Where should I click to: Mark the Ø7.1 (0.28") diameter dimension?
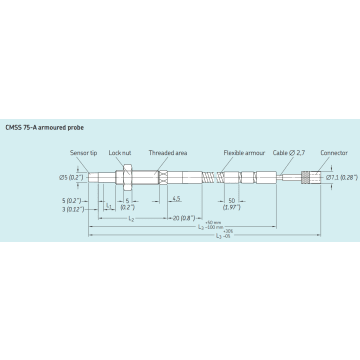[343, 177]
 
